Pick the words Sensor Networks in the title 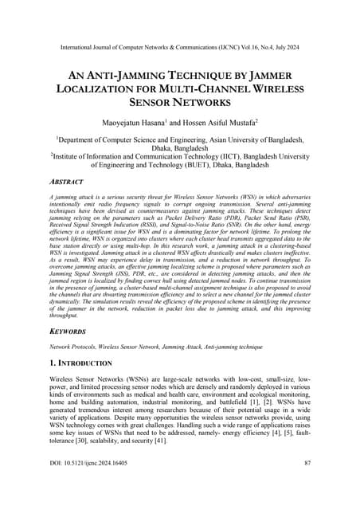180,102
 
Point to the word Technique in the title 203,73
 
